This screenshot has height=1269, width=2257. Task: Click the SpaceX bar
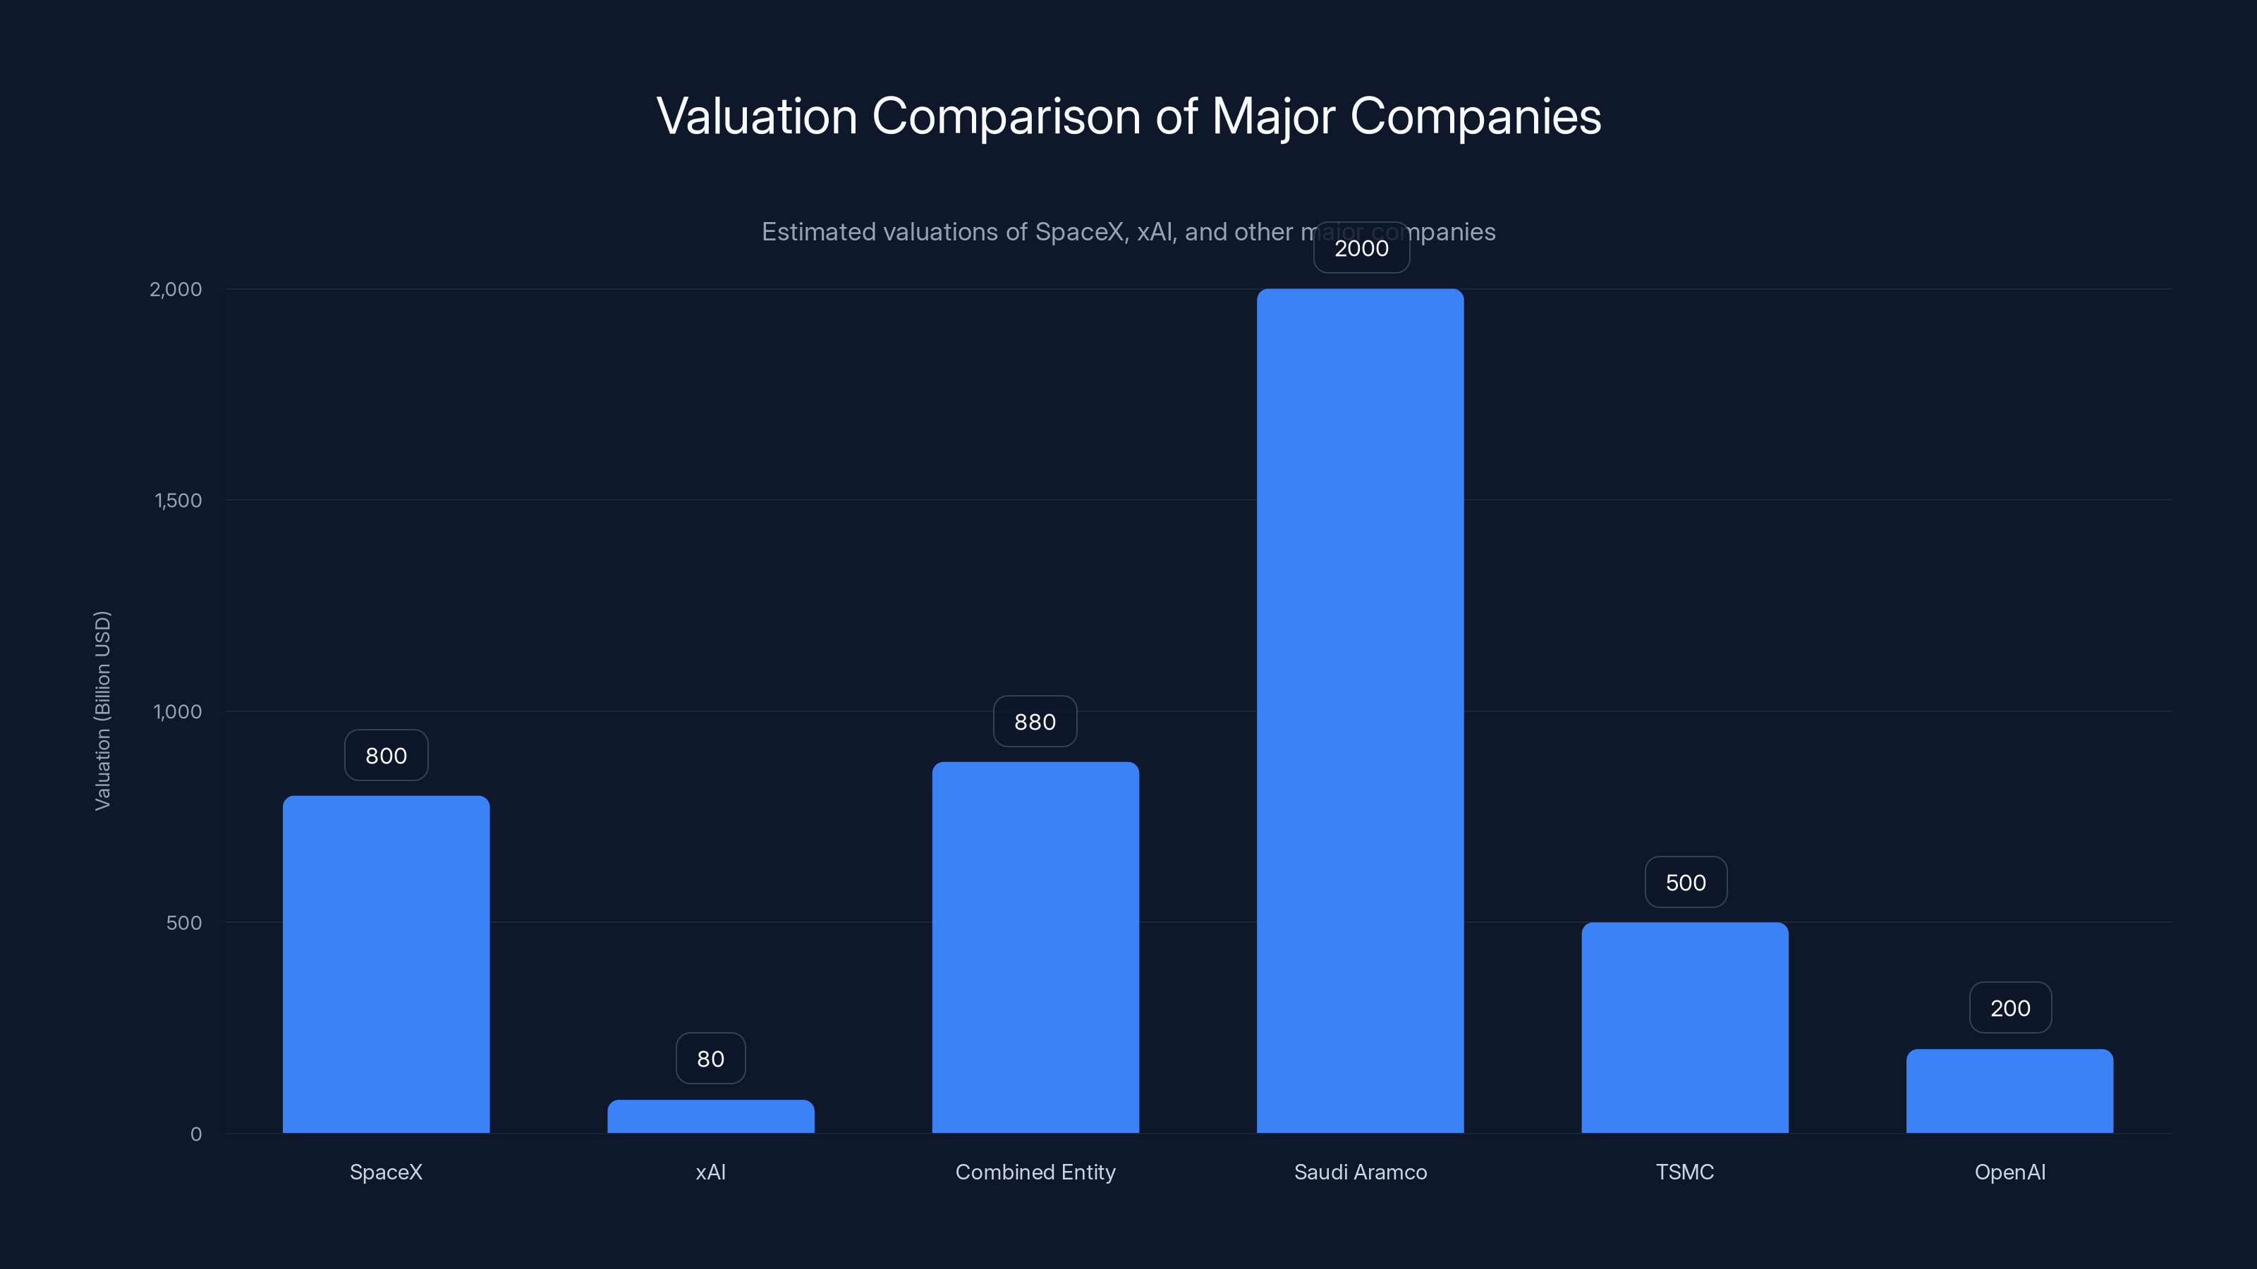(386, 963)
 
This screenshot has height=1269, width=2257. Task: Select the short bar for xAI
(710, 1117)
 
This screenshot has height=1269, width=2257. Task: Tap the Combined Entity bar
(1035, 947)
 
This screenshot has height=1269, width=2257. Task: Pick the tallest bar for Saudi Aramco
(1360, 710)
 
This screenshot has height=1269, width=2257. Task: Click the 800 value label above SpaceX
(386, 755)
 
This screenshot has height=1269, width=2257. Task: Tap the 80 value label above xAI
(710, 1058)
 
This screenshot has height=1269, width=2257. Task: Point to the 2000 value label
(1361, 248)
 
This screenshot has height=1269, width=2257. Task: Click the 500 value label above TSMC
(1685, 882)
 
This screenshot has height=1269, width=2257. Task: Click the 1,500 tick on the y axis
(178, 500)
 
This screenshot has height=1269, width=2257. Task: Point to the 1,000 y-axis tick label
(177, 711)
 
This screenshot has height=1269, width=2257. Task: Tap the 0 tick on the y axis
(195, 1134)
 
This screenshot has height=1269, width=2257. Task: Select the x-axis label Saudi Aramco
(1360, 1172)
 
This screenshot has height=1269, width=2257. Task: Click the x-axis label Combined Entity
(1035, 1172)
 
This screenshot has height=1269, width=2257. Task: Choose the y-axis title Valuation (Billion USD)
(102, 710)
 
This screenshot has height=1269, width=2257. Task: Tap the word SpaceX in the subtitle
(1078, 232)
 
